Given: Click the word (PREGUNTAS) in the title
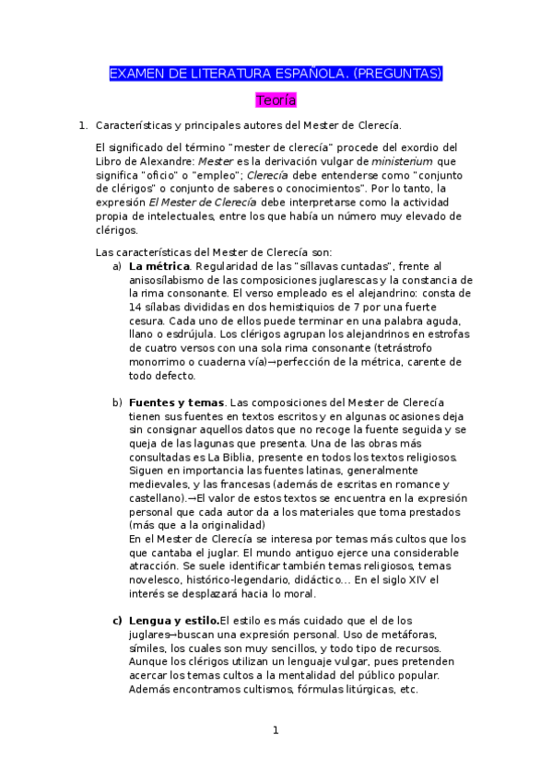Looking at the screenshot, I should (398, 73).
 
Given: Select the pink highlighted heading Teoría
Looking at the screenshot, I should (276, 99).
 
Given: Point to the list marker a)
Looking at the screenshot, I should (117, 266).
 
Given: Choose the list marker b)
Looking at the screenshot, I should (117, 402).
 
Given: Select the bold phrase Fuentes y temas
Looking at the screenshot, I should (176, 402).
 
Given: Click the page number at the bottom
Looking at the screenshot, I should (275, 730).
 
